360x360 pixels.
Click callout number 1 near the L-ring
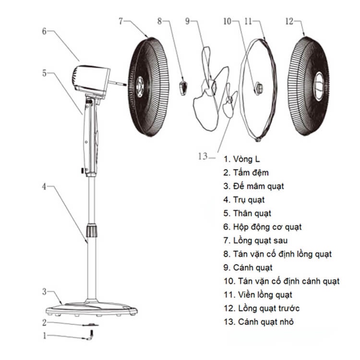click(46, 336)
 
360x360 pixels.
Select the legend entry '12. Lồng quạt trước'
click(268, 308)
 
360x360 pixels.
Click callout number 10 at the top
click(228, 21)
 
